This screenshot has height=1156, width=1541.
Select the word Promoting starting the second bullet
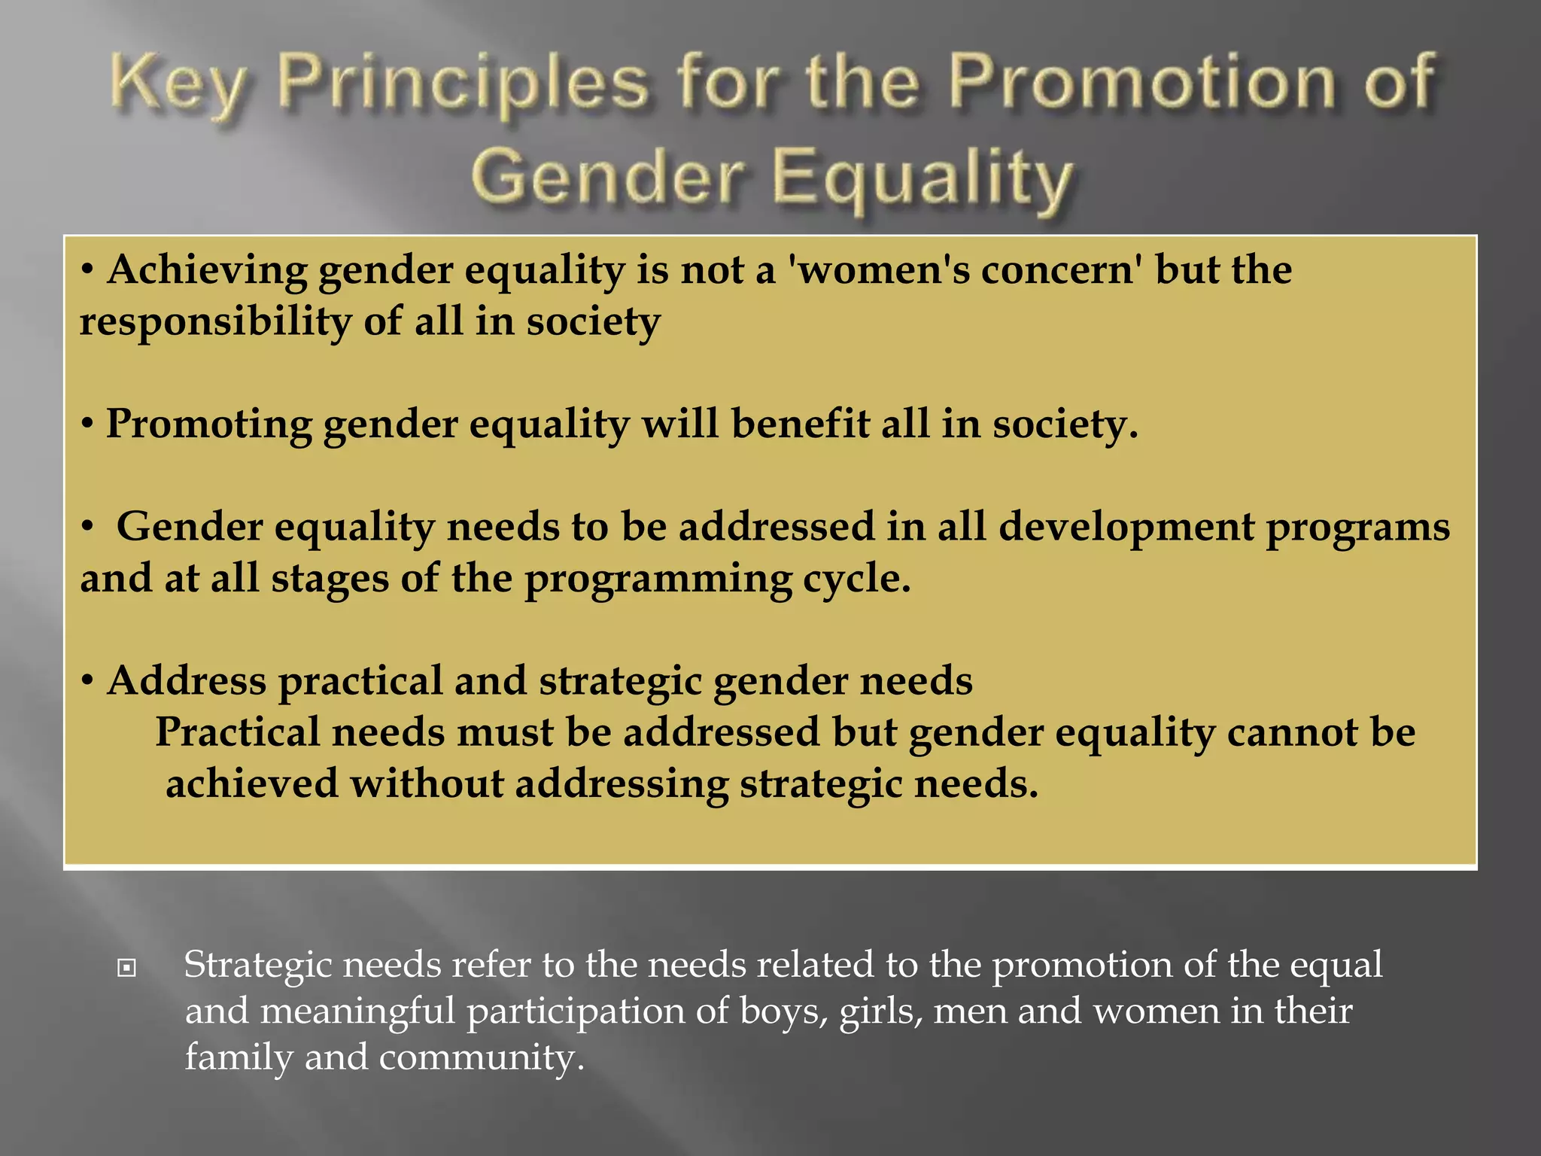(209, 424)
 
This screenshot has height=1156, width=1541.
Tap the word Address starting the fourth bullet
(187, 681)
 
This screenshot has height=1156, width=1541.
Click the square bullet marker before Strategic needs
(127, 968)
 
